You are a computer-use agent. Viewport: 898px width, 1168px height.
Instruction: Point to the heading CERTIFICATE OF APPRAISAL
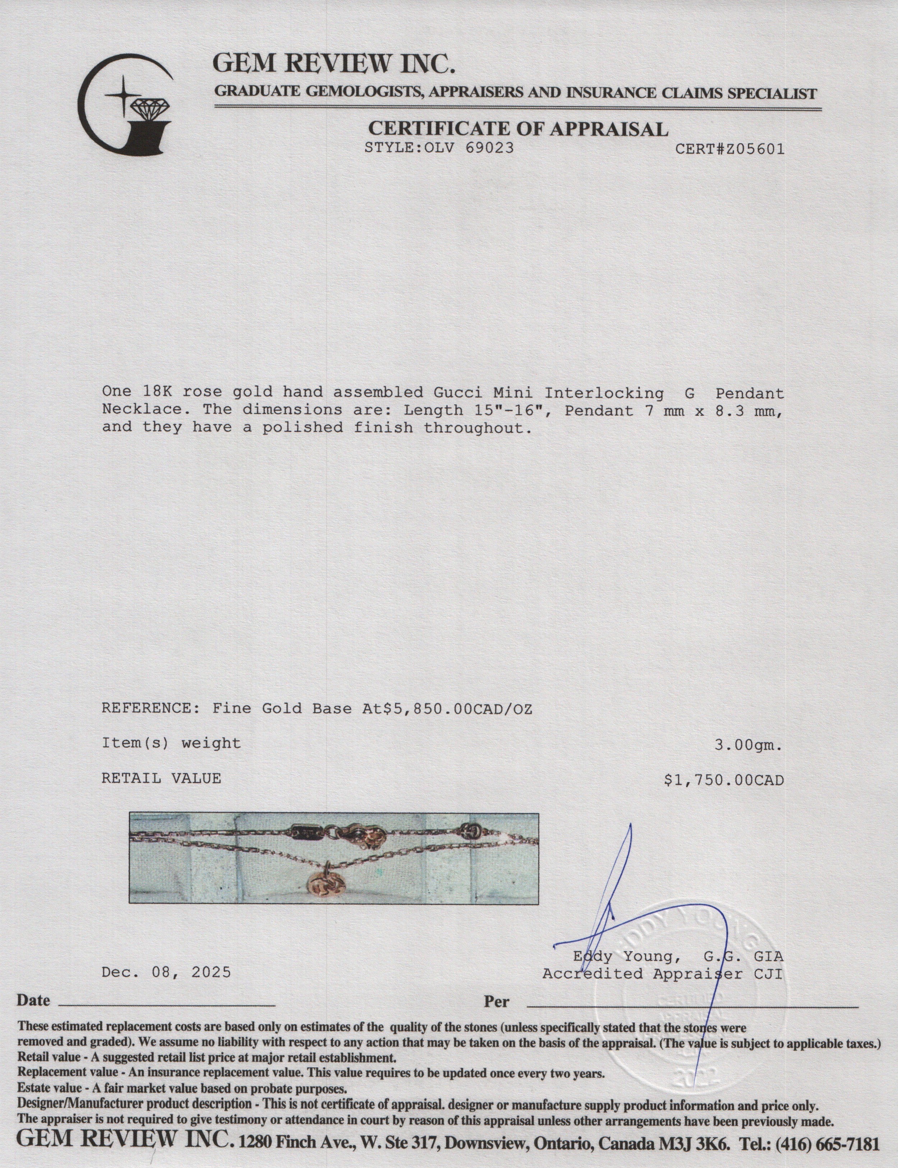pos(518,129)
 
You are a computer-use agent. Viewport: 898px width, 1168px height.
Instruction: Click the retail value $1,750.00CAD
pos(724,780)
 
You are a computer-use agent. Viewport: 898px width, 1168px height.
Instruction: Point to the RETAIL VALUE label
pos(161,778)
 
